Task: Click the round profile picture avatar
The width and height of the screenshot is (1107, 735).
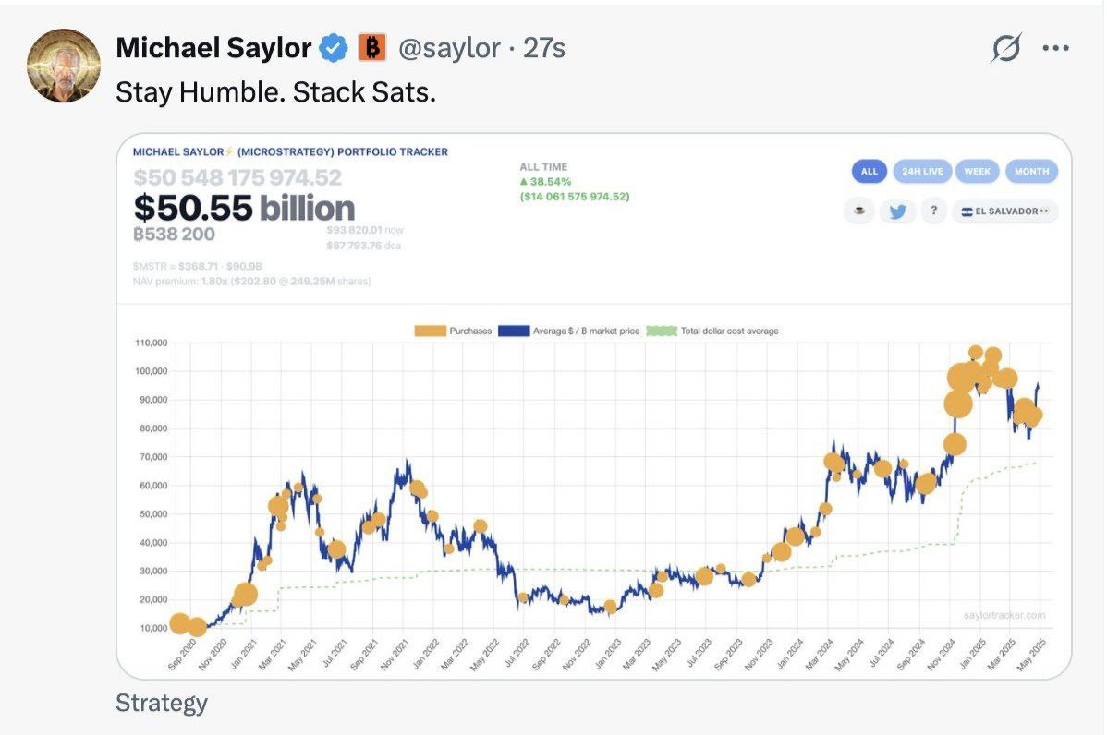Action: click(63, 65)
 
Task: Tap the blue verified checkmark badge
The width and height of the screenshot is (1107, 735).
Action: click(334, 48)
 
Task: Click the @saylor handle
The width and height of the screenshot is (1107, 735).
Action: click(449, 48)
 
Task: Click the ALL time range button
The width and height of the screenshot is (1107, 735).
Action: click(869, 172)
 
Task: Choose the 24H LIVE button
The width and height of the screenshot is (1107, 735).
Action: click(921, 172)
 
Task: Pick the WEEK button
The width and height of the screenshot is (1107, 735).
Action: click(977, 172)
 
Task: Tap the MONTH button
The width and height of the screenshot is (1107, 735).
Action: click(1031, 172)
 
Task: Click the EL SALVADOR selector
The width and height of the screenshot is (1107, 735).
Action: click(1005, 211)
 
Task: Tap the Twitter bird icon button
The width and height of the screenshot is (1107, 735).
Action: click(896, 211)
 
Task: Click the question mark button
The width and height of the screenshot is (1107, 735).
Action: click(933, 211)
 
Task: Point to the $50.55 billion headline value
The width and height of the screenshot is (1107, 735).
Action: click(244, 208)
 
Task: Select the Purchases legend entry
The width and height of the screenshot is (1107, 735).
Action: click(454, 331)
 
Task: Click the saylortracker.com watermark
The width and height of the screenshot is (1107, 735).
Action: click(1004, 615)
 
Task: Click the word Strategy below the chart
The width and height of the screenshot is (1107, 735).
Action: click(162, 704)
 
